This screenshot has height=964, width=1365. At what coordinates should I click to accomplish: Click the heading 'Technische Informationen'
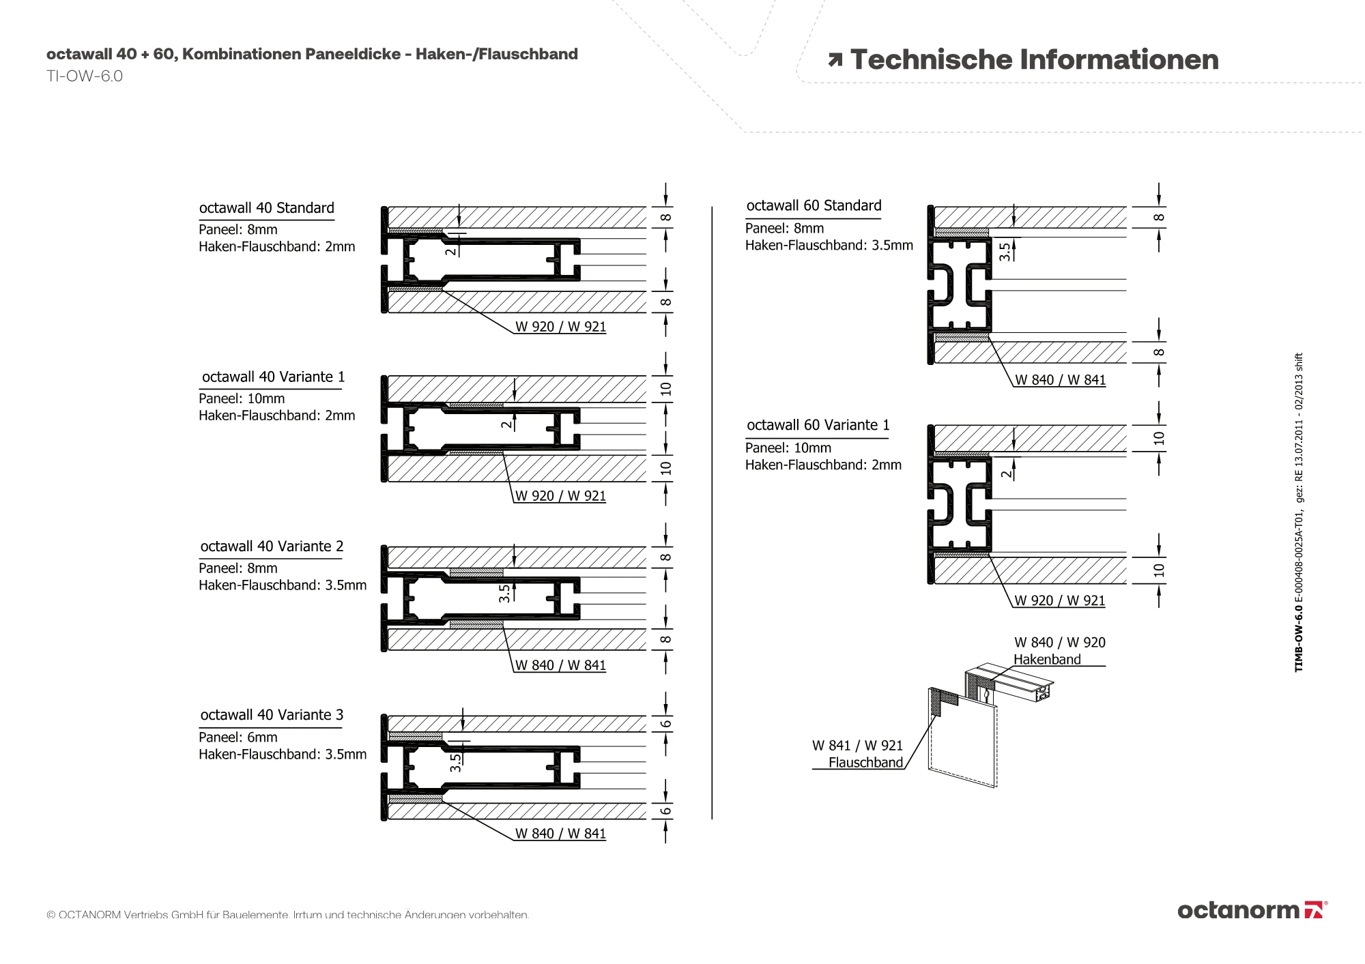tap(1034, 60)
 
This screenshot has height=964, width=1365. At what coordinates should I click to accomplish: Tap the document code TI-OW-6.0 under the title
tap(85, 76)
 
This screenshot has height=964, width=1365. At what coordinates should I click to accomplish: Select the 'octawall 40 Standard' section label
tap(266, 208)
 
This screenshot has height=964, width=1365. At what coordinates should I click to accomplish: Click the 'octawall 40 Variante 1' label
tap(273, 377)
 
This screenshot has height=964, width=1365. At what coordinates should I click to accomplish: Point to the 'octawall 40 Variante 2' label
tap(272, 546)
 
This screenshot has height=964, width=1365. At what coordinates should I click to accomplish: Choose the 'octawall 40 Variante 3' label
tap(272, 715)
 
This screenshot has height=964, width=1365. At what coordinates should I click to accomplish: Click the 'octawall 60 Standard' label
tap(814, 206)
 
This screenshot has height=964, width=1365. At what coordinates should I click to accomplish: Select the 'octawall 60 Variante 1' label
tap(818, 426)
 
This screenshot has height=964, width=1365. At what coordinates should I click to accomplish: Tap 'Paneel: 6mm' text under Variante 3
tap(238, 737)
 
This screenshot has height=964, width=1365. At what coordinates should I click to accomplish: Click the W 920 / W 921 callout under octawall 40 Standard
tap(560, 327)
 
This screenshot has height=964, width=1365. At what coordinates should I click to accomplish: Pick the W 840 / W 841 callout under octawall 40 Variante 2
tap(560, 665)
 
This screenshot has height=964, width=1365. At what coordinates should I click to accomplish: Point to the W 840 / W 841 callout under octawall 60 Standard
tap(1060, 380)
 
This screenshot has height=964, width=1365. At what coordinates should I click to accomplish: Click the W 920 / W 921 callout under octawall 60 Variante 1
tap(1059, 601)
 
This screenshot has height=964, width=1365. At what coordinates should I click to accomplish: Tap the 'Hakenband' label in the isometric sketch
tap(1047, 660)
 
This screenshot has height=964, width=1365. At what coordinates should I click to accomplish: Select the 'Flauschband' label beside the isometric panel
tap(865, 763)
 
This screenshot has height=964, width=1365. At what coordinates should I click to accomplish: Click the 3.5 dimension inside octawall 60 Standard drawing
tap(1005, 252)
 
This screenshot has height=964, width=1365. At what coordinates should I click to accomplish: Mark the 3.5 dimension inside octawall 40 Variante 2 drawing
tap(504, 593)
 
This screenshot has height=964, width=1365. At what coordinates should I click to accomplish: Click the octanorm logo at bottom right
tap(1252, 910)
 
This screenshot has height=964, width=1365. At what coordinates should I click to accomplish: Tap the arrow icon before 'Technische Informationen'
tap(835, 60)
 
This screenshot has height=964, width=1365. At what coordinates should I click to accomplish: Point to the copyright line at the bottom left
tap(287, 915)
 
